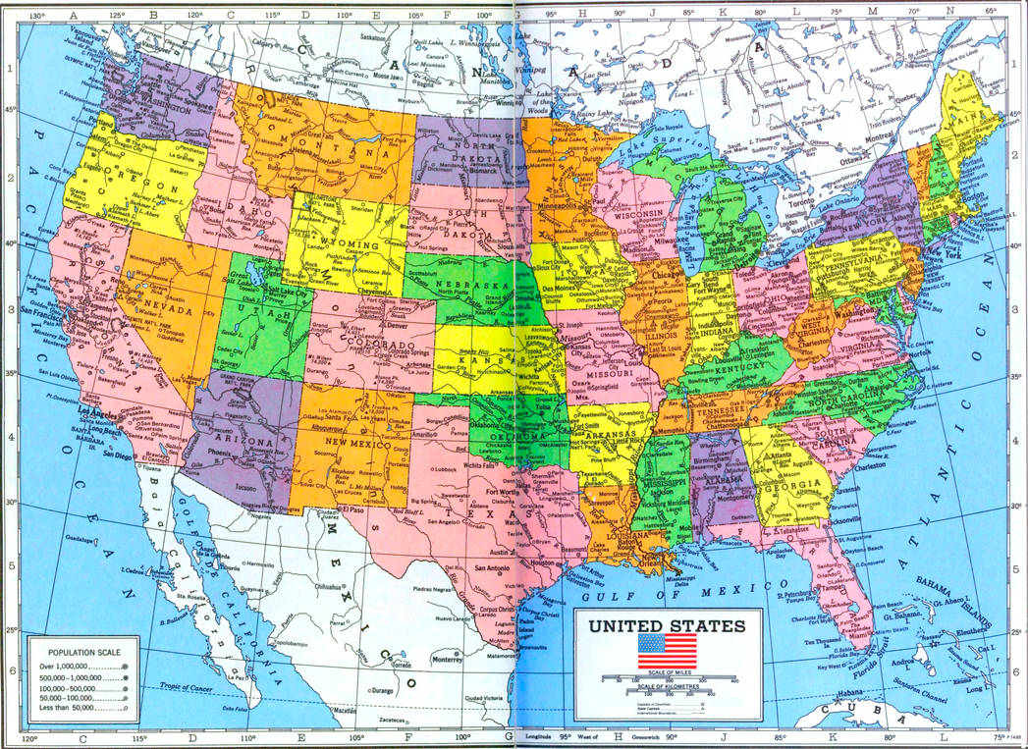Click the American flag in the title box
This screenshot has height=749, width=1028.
click(x=667, y=651)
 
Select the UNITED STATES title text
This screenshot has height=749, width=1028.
click(x=667, y=625)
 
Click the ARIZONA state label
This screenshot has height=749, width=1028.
click(x=236, y=443)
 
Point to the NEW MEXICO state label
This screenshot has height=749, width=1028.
click(x=352, y=444)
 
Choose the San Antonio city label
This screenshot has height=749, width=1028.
click(x=490, y=568)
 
